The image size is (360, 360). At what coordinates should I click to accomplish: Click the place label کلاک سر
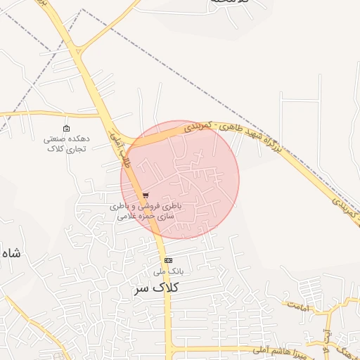(155, 288)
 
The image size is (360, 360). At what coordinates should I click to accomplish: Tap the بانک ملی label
(168, 271)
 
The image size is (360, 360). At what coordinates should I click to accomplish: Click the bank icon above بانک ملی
(167, 260)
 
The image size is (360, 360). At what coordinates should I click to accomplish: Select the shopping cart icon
(146, 195)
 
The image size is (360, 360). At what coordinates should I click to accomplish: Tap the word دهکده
(76, 139)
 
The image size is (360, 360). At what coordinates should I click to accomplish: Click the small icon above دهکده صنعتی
(67, 129)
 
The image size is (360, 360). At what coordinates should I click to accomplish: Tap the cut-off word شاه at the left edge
(10, 253)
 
